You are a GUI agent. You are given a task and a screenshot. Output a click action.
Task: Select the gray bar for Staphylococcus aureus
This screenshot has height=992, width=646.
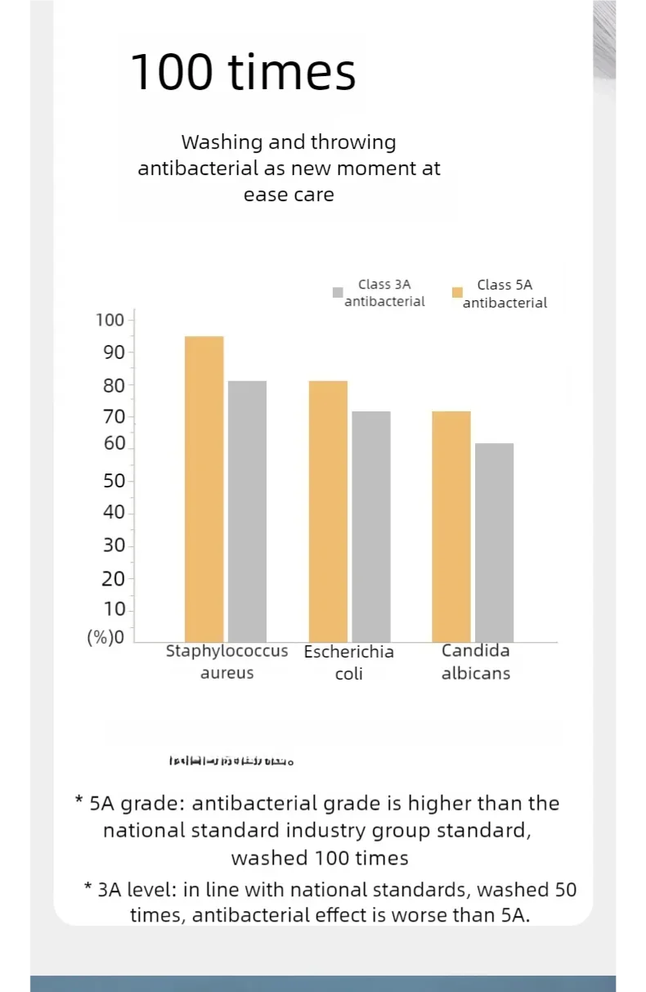(x=247, y=511)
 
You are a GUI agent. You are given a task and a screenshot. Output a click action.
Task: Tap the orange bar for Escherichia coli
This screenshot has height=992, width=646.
(x=328, y=511)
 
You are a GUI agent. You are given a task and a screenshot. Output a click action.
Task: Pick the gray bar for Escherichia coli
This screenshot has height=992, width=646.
(x=371, y=527)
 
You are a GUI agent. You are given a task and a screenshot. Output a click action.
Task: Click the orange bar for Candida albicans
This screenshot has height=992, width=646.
(x=451, y=527)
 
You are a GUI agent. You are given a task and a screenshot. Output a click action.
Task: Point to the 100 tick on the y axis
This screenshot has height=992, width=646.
(x=110, y=320)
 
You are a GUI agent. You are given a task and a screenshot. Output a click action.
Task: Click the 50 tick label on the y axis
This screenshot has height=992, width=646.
(x=114, y=481)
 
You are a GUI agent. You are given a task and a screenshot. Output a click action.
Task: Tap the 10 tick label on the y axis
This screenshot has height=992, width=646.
(x=114, y=609)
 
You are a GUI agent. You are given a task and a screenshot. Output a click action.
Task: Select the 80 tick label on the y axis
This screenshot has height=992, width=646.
(x=114, y=385)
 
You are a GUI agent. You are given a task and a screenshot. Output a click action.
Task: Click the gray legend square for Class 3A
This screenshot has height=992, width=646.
(x=338, y=293)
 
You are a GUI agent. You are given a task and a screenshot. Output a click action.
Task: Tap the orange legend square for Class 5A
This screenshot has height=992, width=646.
(x=458, y=292)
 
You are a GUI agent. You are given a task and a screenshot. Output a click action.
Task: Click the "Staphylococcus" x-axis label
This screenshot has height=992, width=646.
(x=227, y=652)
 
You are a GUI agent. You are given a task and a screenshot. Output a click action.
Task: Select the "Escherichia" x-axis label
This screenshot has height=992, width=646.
(x=348, y=652)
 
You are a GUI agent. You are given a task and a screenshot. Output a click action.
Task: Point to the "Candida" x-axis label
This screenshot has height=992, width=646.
(x=475, y=651)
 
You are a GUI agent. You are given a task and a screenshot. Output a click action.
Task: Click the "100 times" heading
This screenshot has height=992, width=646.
(x=243, y=72)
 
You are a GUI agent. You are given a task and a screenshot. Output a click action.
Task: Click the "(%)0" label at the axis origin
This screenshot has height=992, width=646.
(x=105, y=638)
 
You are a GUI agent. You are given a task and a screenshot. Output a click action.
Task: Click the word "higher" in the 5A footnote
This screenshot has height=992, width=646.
(x=439, y=803)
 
